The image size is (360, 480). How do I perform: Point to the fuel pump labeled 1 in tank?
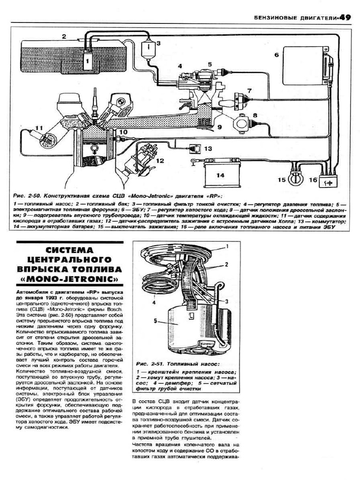tap(87, 60)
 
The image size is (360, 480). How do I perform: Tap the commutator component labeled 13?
tap(195, 148)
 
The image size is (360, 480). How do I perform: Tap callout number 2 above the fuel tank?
tap(64, 36)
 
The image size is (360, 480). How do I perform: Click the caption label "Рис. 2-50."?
tap(28, 195)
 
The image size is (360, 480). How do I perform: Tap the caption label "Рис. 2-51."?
tap(150, 363)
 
